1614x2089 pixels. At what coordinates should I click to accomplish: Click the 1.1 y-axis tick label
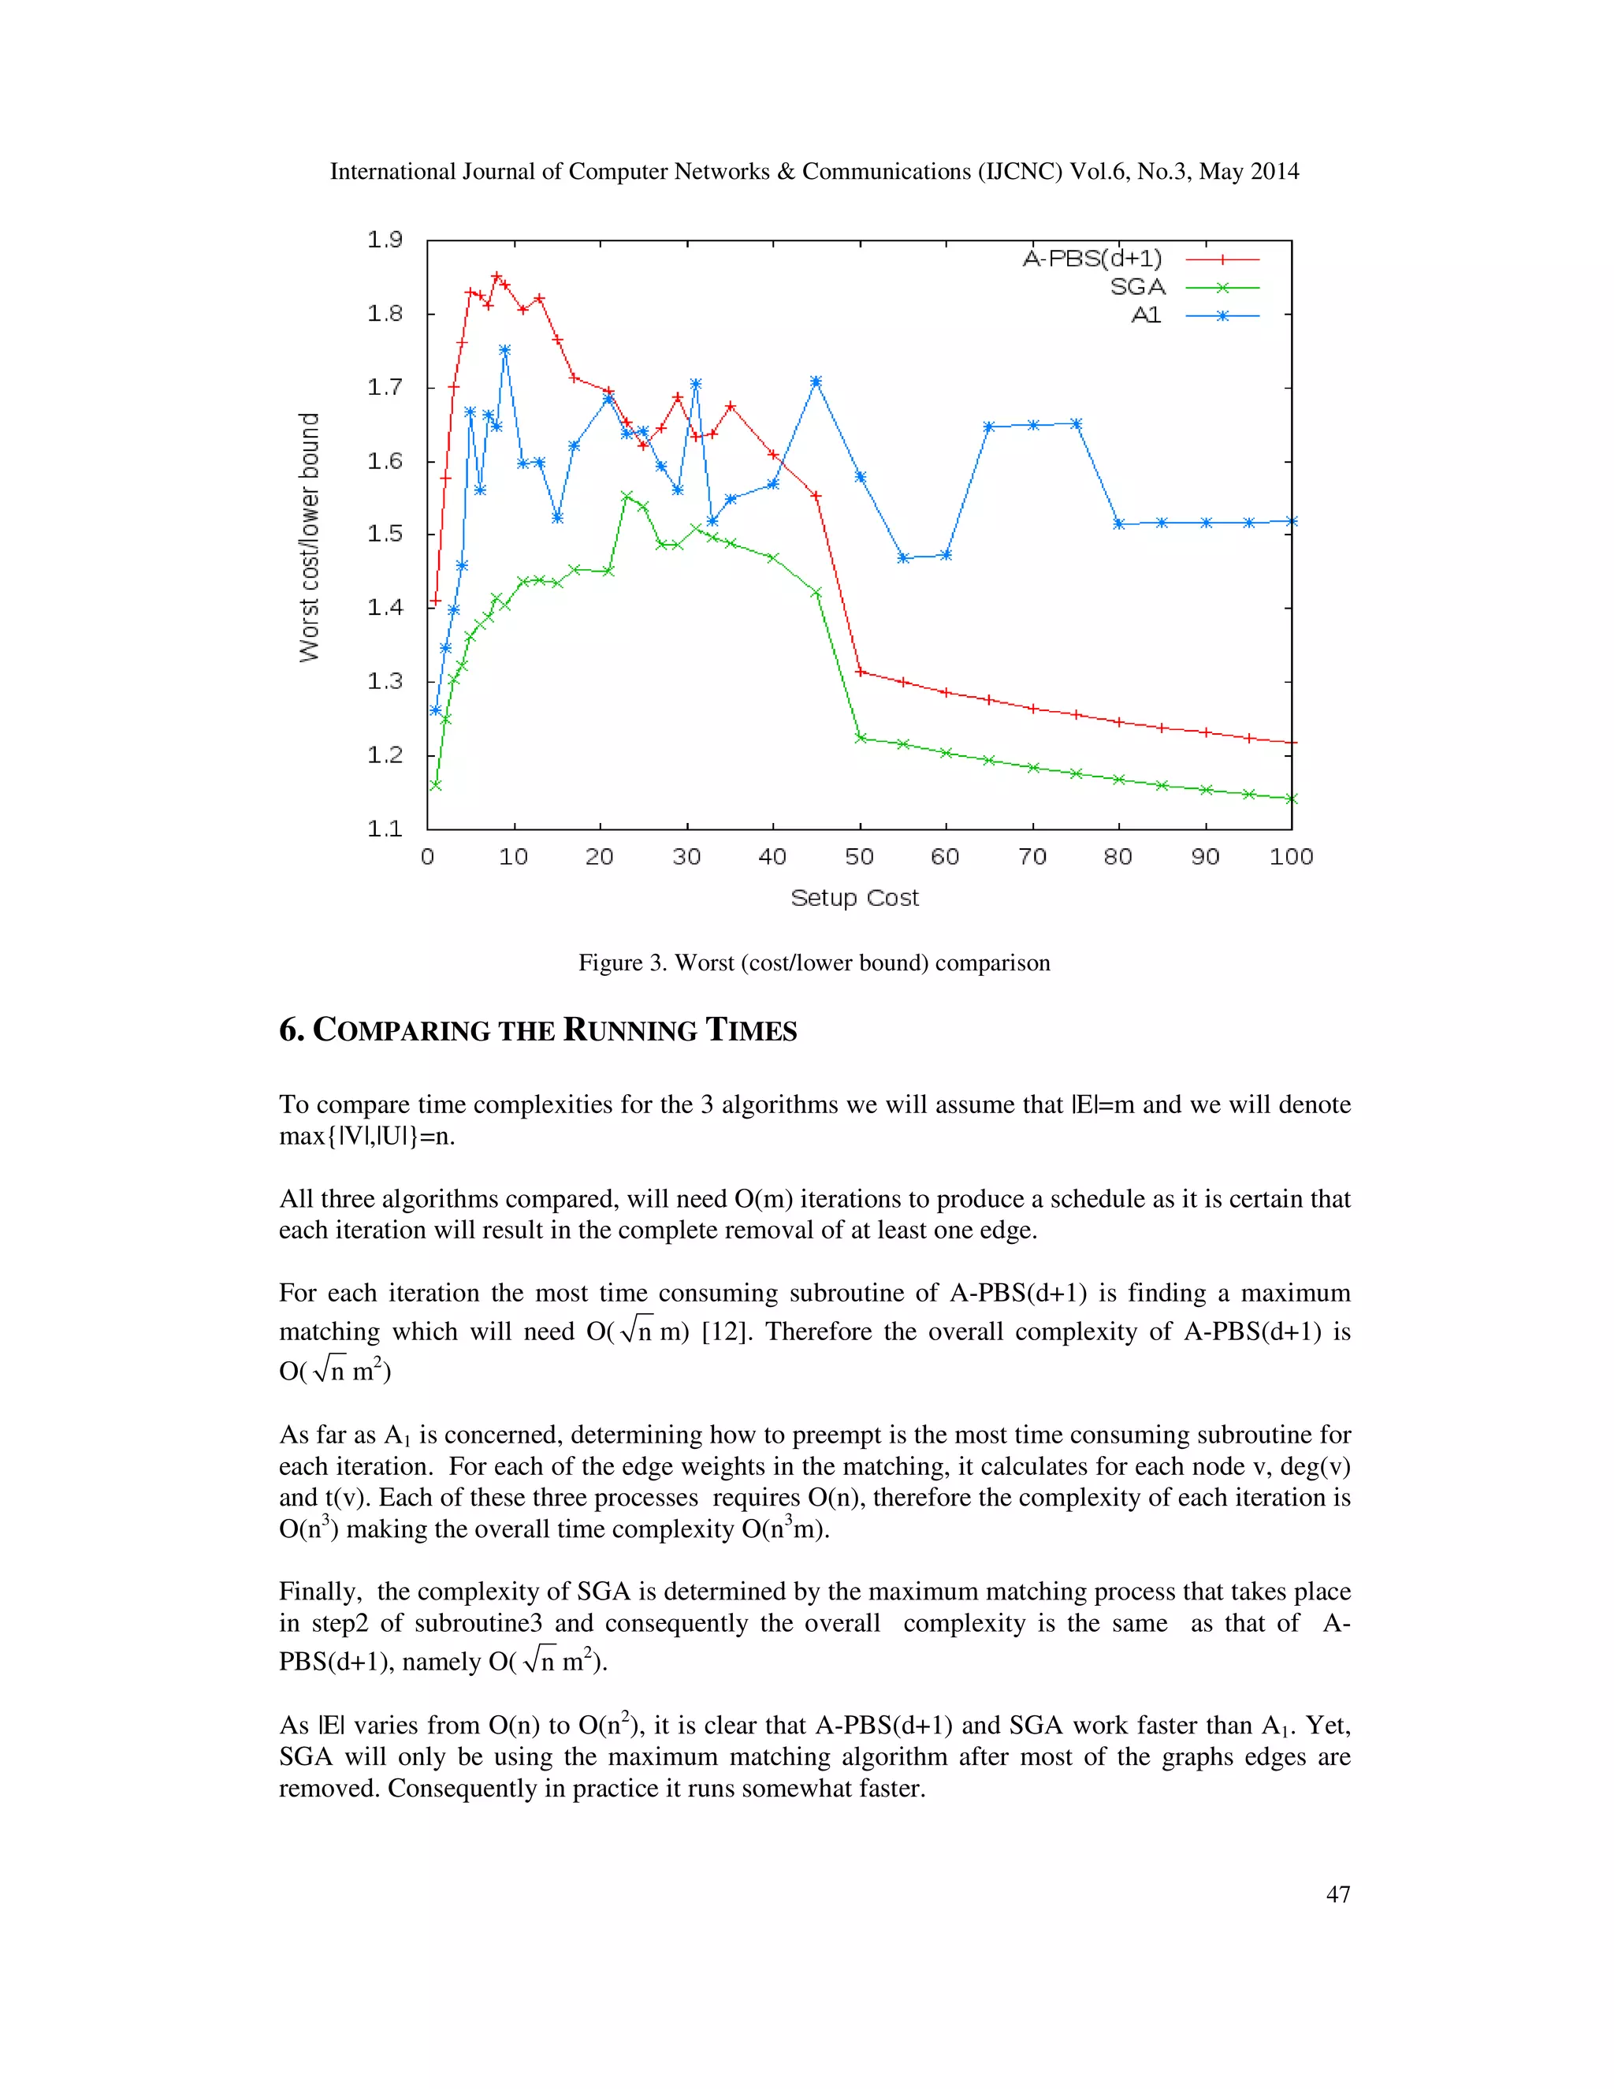coord(385,829)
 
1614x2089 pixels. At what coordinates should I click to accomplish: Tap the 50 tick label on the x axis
coord(859,856)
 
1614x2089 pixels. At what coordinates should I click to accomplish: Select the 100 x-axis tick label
coord(1291,856)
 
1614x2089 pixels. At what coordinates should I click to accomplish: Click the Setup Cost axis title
coord(853,897)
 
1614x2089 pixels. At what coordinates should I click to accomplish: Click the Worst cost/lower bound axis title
coord(309,537)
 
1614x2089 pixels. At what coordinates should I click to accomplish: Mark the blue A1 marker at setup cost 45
coord(816,382)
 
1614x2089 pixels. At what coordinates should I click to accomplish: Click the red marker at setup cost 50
coord(860,672)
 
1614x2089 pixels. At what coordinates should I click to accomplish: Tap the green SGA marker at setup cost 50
coord(860,738)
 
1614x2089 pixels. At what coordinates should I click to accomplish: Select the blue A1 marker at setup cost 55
coord(902,557)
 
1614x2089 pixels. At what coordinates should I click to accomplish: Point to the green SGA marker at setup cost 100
coord(1291,798)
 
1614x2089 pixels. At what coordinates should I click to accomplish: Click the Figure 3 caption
coord(813,963)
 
